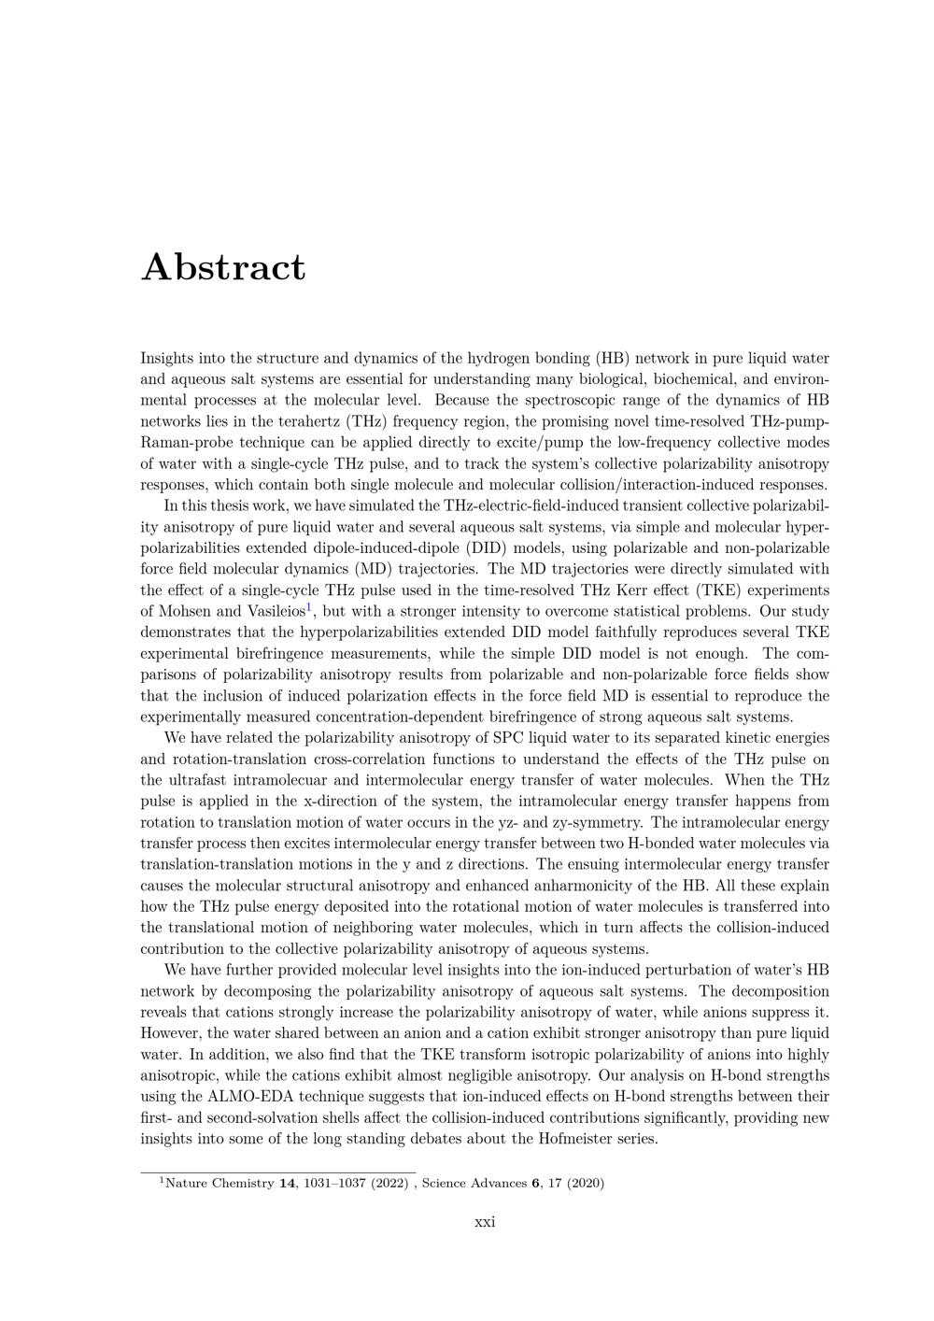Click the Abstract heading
223,267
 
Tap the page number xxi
485,1222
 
